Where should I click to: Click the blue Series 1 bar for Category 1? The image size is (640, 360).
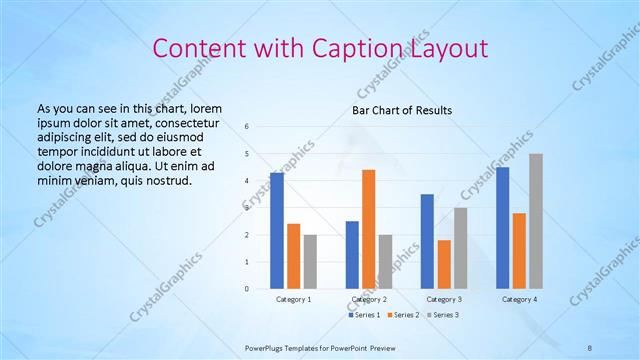[277, 231]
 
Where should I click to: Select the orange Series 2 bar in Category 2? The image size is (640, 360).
[368, 229]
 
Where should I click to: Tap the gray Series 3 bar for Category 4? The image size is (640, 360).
[536, 221]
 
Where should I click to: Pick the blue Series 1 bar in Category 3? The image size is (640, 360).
[427, 241]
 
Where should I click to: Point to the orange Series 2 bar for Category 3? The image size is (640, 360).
[444, 264]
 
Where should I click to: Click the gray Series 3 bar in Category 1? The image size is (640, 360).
[310, 262]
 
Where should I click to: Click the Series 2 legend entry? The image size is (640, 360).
[405, 315]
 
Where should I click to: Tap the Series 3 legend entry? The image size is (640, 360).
[445, 315]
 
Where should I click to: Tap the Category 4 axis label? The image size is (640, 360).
[519, 299]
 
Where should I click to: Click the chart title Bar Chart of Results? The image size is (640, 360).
[401, 110]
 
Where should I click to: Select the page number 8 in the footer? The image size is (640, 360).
[590, 347]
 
